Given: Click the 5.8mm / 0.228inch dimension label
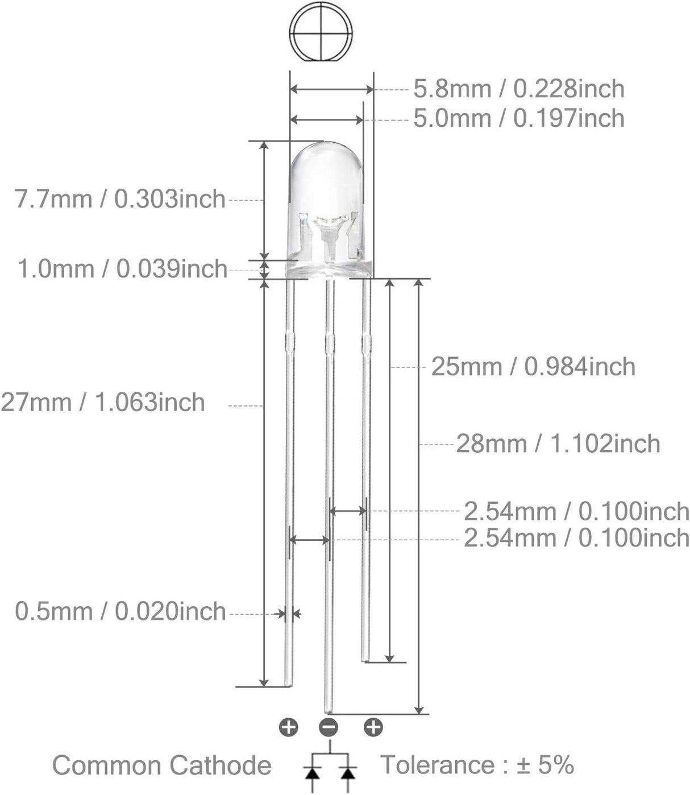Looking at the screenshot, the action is pos(519,89).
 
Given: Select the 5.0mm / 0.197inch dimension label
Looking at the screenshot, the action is pos(519,118).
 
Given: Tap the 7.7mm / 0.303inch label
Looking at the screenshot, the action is pos(120,199).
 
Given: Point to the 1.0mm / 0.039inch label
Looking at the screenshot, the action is pos(122,269).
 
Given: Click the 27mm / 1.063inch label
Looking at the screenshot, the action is pos(103,402).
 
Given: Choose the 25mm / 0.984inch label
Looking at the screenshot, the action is pos(533,367).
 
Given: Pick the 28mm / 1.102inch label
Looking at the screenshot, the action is pos(558,444).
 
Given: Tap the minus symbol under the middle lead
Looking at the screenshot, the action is pos(329,727).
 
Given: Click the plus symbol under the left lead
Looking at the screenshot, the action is pos(289,727).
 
